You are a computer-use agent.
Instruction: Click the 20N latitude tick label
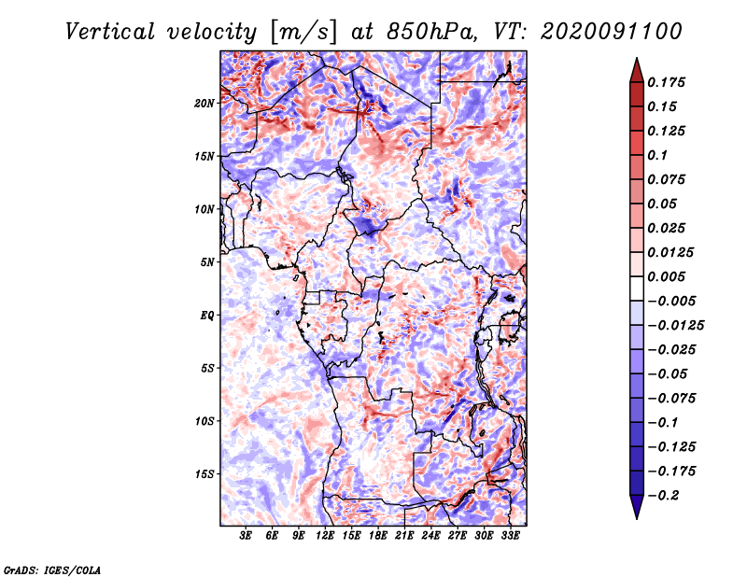(204, 103)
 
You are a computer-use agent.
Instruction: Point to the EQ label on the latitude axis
(207, 316)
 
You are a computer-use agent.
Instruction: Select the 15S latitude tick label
(204, 474)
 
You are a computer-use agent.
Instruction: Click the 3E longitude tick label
(246, 537)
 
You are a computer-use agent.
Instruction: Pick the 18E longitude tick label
(378, 537)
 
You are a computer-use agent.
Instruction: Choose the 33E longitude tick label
(510, 537)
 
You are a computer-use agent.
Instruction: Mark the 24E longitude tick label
(430, 537)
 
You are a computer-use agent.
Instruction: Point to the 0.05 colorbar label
(664, 204)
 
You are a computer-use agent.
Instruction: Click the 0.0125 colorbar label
(672, 252)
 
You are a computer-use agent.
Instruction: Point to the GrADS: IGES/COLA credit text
(52, 569)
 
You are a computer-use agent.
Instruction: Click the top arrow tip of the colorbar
(635, 60)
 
